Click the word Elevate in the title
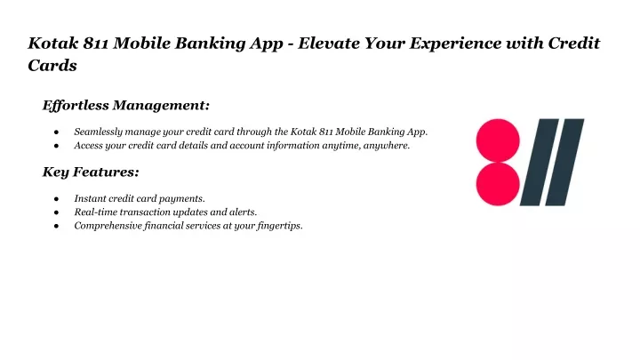click(328, 44)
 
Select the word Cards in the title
click(52, 65)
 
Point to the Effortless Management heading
click(126, 105)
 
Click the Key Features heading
click(91, 172)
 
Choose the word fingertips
click(280, 226)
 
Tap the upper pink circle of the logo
click(498, 140)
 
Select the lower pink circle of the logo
click(498, 184)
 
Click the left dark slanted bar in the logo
click(540, 162)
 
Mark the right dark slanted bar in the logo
click(565, 162)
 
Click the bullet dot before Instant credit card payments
click(56, 199)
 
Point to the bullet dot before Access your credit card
click(56, 146)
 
